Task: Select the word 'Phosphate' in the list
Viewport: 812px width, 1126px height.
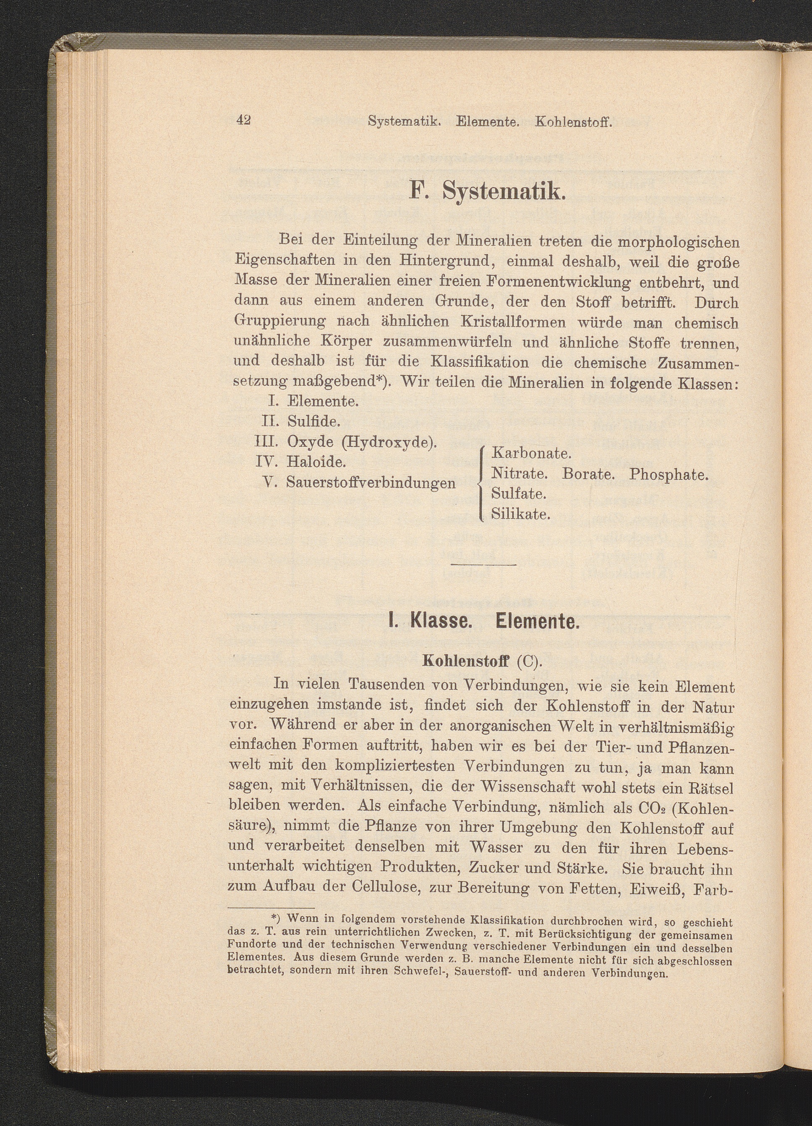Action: point(668,474)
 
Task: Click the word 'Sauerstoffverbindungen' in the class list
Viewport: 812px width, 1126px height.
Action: point(371,483)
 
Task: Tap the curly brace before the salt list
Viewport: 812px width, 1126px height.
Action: point(480,483)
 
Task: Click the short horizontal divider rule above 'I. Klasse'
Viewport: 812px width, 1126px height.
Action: point(484,564)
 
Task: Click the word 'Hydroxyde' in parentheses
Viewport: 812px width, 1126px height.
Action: point(389,442)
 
